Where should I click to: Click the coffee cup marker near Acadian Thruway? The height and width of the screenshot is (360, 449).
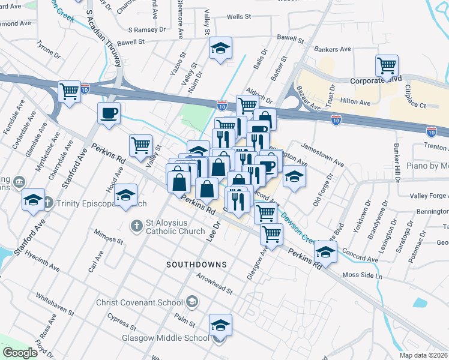tap(109, 113)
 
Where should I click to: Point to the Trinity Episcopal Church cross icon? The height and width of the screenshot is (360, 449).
tap(47, 203)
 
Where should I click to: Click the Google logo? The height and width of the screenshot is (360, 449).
tap(20, 352)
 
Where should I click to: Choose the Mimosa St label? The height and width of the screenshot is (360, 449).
tap(108, 240)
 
